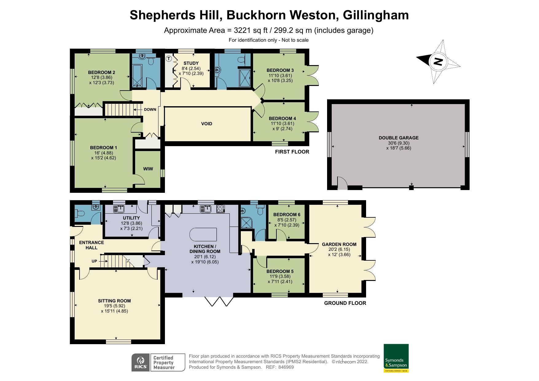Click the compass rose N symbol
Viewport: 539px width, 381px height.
click(438, 62)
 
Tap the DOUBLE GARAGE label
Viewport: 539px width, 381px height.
click(399, 138)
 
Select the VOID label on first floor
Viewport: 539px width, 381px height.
click(206, 124)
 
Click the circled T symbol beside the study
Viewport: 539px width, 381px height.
click(169, 58)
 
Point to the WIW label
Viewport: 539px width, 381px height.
click(148, 169)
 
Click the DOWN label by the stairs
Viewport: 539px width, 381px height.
click(150, 110)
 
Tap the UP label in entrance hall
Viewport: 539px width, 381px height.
click(94, 261)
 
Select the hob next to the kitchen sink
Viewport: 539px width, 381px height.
click(221, 209)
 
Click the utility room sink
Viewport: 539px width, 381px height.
click(119, 209)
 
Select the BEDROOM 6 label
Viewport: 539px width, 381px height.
click(287, 215)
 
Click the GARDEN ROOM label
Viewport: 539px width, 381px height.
click(339, 244)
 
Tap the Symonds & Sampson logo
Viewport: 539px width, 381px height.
click(396, 358)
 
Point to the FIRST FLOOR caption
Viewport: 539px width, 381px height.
click(292, 152)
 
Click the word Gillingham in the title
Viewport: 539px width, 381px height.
click(376, 15)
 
